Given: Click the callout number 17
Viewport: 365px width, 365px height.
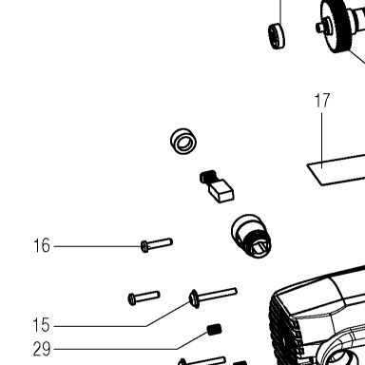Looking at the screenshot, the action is [322, 100].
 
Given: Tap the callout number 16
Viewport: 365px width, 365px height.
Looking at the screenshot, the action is [42, 245].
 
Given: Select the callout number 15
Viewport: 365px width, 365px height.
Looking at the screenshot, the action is [41, 325].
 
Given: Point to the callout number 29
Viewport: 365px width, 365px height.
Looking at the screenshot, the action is [42, 349].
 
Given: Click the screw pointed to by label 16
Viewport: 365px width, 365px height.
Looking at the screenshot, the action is [157, 245].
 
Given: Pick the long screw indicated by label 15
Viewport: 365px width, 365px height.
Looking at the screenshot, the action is [213, 298].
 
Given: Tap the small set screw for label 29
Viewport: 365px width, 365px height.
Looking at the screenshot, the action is [215, 330].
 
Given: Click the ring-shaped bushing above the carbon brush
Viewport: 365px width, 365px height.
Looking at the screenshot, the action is [183, 141].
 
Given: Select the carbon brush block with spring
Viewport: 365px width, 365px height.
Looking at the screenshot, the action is [217, 186].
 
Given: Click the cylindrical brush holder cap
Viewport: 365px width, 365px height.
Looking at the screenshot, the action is [251, 236].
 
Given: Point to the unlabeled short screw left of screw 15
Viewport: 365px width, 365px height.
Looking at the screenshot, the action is [144, 298].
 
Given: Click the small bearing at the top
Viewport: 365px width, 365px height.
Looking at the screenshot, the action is [277, 36].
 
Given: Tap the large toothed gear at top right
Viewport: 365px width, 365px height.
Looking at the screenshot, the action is [338, 27].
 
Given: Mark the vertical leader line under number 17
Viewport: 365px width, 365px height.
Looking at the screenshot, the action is [322, 141].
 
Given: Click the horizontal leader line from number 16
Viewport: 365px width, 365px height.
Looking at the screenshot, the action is [97, 246].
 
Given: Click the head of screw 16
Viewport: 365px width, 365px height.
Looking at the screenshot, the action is [144, 247].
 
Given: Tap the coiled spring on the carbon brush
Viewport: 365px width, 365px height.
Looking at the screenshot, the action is [208, 177].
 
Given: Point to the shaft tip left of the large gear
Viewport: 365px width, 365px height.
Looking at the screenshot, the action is [320, 28].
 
